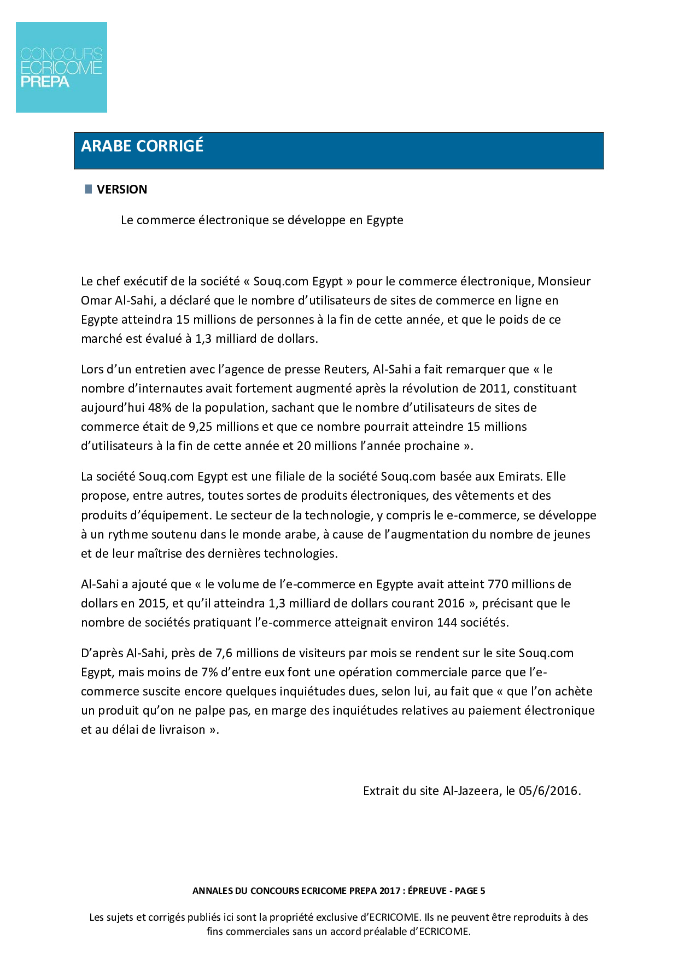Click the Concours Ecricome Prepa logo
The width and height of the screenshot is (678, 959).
click(61, 67)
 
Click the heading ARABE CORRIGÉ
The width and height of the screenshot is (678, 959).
click(142, 146)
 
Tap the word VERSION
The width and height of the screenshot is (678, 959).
click(122, 189)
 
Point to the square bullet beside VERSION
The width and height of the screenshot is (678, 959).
click(89, 189)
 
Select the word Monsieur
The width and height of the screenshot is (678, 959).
click(564, 281)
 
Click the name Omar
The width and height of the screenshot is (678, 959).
click(96, 300)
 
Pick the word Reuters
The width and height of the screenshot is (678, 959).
click(346, 369)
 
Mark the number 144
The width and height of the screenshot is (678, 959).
click(447, 622)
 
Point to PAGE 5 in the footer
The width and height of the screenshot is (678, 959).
click(470, 891)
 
